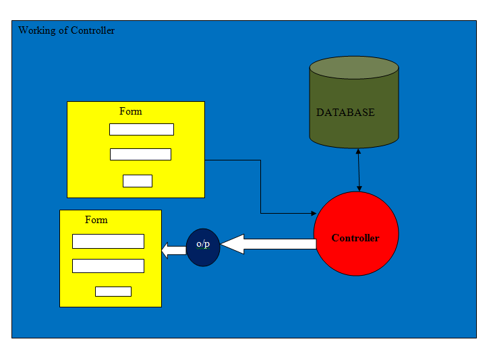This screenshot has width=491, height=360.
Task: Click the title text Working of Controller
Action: (66, 30)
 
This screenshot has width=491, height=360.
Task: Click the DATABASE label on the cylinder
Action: (345, 113)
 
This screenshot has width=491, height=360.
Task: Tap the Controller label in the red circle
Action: (355, 238)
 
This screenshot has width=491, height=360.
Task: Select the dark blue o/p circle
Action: (203, 247)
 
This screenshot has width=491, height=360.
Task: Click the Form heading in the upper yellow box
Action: (130, 111)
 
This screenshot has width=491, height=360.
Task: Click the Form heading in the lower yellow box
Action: (96, 220)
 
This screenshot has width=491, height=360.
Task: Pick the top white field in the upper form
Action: (141, 129)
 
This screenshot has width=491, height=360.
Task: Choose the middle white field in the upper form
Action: (140, 154)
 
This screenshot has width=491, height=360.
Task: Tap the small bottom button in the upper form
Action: (138, 181)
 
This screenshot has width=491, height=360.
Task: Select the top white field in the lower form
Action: (108, 241)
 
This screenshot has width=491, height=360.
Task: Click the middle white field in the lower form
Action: (108, 266)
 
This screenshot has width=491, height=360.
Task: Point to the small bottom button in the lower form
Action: (113, 291)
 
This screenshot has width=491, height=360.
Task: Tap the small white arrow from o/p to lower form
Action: (174, 251)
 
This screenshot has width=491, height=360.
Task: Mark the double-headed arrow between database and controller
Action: (358, 170)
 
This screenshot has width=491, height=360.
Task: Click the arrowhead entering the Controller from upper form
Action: (313, 214)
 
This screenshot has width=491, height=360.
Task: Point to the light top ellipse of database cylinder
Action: (354, 67)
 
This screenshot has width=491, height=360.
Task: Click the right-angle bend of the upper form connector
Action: (260, 160)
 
